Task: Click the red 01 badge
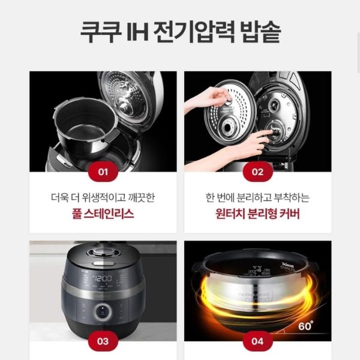(103, 172)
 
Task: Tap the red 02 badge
(257, 172)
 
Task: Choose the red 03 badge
(103, 341)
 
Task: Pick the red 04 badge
(257, 341)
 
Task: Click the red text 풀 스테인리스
(103, 214)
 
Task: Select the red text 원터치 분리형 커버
(257, 214)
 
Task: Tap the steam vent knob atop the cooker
(103, 252)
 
